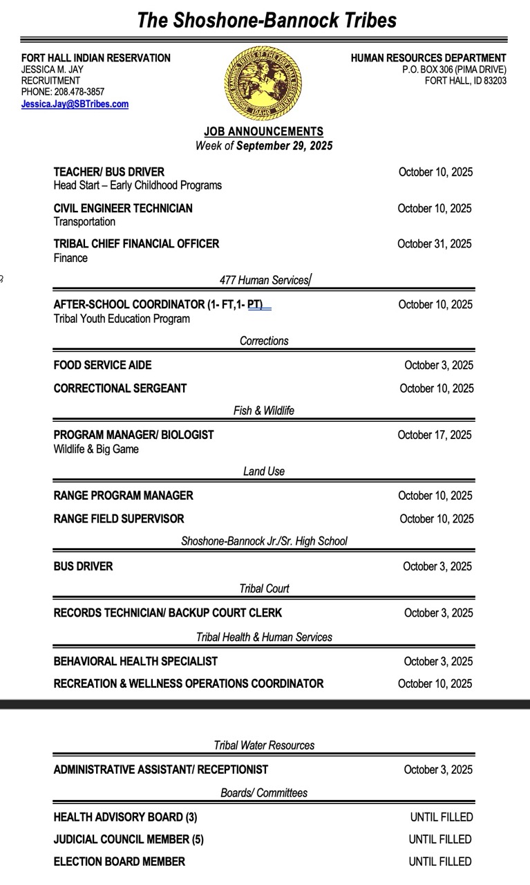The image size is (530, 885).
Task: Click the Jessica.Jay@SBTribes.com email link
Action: point(75,104)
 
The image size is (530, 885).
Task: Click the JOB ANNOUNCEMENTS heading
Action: point(263,131)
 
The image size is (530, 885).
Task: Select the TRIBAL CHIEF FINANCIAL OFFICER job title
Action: point(136,244)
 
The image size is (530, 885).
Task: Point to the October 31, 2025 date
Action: point(435,244)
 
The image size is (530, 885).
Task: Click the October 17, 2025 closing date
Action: point(435,435)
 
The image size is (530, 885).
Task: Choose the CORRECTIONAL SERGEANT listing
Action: point(120,389)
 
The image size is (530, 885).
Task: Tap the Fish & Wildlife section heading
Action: point(263,411)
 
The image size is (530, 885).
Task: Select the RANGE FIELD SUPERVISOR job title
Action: point(119,519)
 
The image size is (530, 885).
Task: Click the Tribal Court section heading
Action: point(264,589)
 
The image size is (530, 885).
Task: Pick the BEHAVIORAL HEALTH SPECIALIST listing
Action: point(135,662)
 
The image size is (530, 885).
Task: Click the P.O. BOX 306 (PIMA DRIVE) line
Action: point(454,69)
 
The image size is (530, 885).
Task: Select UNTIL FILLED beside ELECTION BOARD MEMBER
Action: point(440,862)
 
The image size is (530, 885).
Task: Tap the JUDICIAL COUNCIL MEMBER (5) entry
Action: point(129,840)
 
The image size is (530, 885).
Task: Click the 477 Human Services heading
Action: point(264,280)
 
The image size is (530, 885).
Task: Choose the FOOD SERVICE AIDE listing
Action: point(102,365)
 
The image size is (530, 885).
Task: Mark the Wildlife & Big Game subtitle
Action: point(96,449)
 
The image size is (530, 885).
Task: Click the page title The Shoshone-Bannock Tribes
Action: point(267,19)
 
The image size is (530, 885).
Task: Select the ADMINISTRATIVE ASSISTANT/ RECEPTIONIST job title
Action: point(161,770)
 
